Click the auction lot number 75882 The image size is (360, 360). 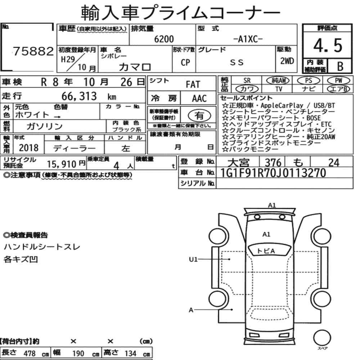click(33, 51)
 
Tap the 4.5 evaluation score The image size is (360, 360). click(328, 45)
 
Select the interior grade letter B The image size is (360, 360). click(340, 66)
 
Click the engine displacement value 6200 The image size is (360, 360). click(164, 39)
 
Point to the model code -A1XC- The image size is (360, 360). click(248, 39)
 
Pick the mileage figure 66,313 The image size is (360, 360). click(79, 96)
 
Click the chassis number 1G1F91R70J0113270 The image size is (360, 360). click(273, 173)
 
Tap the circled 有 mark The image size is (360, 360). click(199, 115)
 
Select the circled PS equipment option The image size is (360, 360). click(309, 81)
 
